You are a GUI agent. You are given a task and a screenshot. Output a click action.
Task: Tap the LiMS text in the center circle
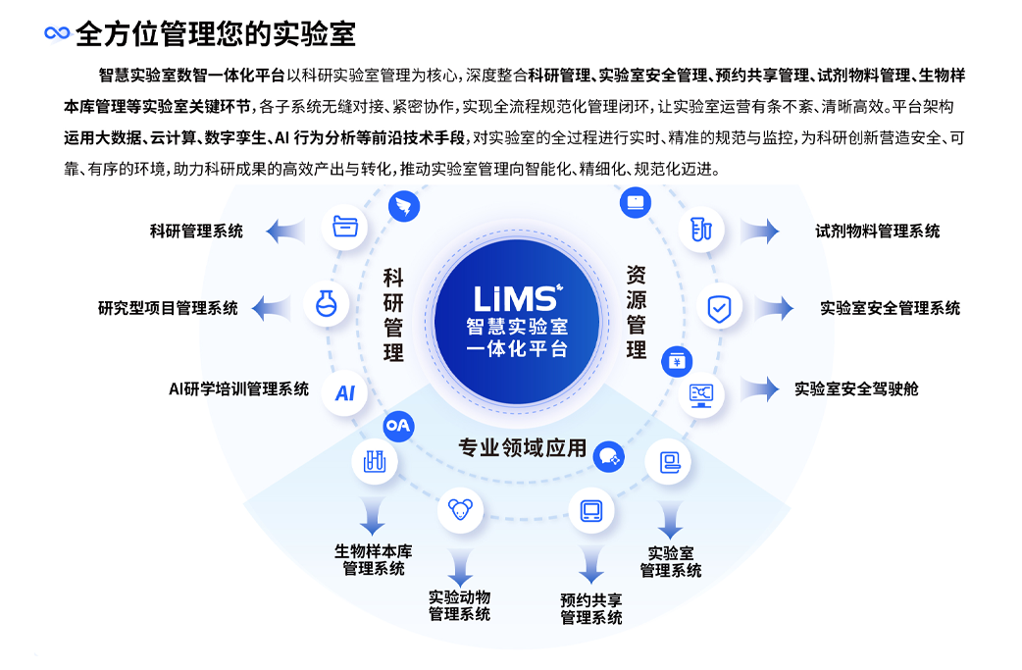(x=516, y=297)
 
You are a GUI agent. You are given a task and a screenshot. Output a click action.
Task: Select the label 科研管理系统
(x=196, y=232)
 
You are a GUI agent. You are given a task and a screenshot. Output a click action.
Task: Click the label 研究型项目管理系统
(x=168, y=308)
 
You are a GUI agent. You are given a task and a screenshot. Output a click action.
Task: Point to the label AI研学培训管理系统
(x=238, y=389)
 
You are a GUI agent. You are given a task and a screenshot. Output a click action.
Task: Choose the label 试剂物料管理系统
(x=877, y=232)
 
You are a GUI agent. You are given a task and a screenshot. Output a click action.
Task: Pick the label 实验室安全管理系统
(x=890, y=308)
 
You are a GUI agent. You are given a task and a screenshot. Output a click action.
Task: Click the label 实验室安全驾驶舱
(x=856, y=389)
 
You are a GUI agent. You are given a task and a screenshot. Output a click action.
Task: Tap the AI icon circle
(x=344, y=393)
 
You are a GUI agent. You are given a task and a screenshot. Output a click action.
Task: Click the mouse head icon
(x=460, y=509)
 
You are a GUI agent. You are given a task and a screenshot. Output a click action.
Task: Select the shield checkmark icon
(x=719, y=309)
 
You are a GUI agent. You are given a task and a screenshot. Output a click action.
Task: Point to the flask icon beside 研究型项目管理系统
(x=326, y=305)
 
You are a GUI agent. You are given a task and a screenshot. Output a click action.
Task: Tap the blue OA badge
(x=397, y=426)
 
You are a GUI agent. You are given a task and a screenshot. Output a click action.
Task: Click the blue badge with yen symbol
(x=676, y=361)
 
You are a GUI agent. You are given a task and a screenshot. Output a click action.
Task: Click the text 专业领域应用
(x=522, y=448)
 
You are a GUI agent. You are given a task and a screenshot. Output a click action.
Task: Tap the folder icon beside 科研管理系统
(x=344, y=227)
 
